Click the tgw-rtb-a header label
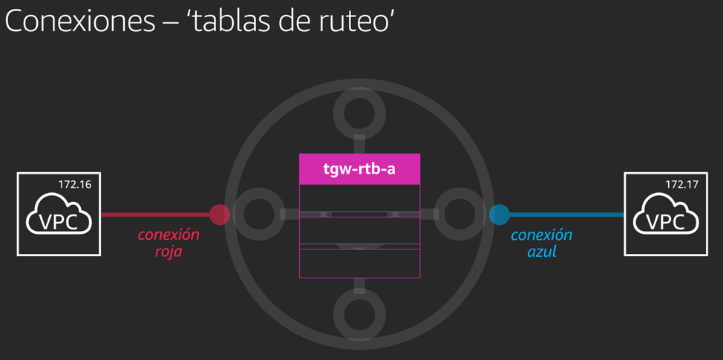tap(359, 168)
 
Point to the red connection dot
tap(220, 215)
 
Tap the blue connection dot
tap(500, 215)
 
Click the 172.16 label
tap(75, 184)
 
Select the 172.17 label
tap(681, 184)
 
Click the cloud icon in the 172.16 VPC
tap(59, 217)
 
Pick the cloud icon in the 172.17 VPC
tap(665, 217)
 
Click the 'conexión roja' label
tap(169, 243)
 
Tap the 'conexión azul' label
tap(541, 243)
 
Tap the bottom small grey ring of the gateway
tap(359, 312)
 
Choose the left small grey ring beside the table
tap(257, 215)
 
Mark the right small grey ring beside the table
tap(461, 215)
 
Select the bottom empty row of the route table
tap(359, 264)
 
